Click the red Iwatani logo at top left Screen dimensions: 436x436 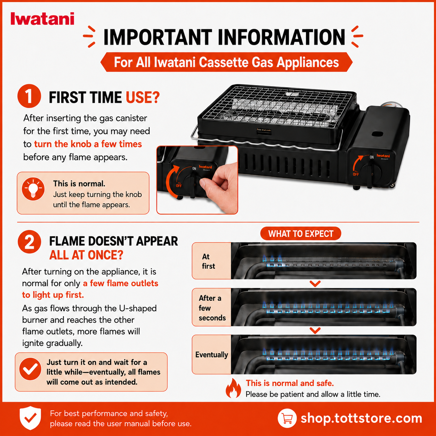coord(42,18)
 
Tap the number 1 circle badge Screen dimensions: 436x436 coord(29,96)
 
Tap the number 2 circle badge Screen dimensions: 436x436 coord(30,242)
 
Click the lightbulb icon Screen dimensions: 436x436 coord(33,189)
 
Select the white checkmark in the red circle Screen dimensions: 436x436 coord(30,369)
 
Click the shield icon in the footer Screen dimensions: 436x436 coord(30,418)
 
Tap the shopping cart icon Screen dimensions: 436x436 coord(287,418)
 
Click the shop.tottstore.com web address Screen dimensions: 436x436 coord(361,418)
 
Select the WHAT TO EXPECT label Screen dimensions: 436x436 coord(301,234)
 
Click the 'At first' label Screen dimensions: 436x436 coord(208,261)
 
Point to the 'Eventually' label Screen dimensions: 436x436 coord(211,355)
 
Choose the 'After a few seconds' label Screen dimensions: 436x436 coord(212,308)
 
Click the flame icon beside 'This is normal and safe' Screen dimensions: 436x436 coord(233,388)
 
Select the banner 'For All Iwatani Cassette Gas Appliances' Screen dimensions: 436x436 coord(226,62)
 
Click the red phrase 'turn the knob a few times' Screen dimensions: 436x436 coord(88,144)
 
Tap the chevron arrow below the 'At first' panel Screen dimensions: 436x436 coord(315,283)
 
